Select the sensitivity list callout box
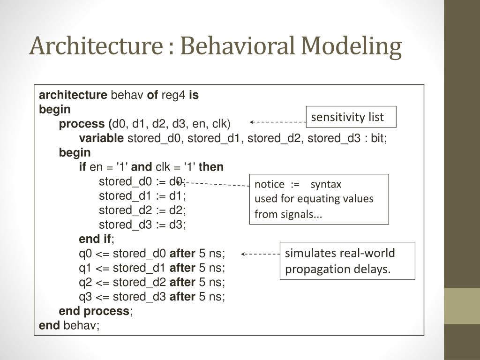351,117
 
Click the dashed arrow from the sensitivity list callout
277,122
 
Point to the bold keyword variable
101,138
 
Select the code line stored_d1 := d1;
142,196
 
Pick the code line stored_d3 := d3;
142,225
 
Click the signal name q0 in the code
85,254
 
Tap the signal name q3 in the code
85,297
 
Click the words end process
94,311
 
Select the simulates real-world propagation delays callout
347,261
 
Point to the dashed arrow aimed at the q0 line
261,254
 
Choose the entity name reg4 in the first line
173,95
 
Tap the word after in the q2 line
182,283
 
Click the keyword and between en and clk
142,167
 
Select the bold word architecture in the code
73,95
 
